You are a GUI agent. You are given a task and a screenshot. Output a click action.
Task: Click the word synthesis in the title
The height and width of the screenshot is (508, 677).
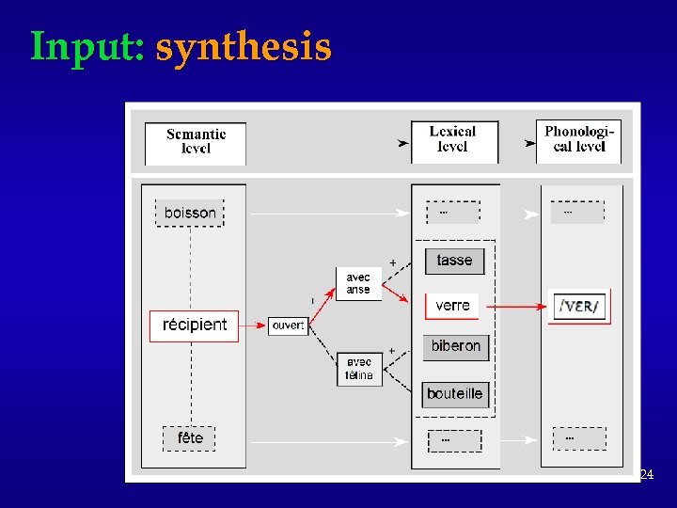point(244,46)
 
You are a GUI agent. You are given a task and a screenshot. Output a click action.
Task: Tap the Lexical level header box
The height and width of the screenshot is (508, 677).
point(453,140)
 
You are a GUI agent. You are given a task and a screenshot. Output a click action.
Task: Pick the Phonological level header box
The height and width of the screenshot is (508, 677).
point(578,140)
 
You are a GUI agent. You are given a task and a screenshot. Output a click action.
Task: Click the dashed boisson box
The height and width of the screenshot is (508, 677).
point(190,213)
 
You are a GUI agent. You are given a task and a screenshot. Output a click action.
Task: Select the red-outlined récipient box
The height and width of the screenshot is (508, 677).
point(195,325)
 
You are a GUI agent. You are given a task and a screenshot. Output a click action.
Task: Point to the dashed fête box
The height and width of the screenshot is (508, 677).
point(190,437)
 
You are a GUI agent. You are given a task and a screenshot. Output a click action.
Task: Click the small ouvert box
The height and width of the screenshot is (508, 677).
point(288,325)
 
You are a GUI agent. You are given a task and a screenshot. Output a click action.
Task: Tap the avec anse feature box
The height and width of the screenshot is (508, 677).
point(358,283)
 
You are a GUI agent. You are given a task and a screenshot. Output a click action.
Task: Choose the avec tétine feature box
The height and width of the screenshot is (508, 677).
point(359,369)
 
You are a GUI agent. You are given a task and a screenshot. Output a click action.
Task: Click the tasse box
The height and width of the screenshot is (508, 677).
point(455,261)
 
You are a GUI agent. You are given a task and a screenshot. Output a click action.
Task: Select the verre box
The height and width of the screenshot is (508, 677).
point(452,306)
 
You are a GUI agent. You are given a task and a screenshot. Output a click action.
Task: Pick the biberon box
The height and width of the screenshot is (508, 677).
point(455,346)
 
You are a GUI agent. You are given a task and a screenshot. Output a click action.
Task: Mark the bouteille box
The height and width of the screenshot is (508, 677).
point(454,393)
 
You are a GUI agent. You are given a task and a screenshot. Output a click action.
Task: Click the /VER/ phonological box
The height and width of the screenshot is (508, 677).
point(579,307)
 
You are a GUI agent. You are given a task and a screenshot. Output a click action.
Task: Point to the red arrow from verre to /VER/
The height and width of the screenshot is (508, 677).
point(515,306)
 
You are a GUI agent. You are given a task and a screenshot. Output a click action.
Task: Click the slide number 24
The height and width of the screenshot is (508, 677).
point(646,475)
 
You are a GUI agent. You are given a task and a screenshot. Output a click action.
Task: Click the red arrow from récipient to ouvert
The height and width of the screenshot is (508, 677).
point(254,325)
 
